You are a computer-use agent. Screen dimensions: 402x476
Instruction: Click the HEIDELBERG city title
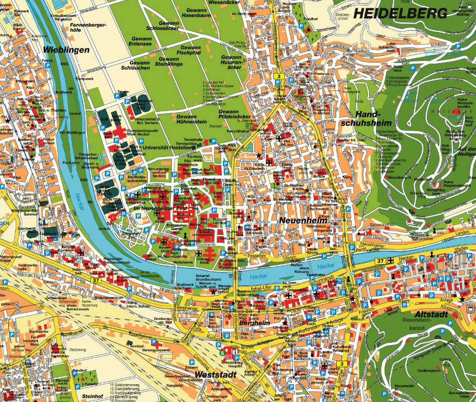[400, 13]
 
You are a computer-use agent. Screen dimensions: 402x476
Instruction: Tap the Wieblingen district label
[66, 50]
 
